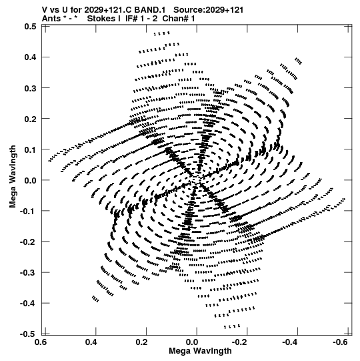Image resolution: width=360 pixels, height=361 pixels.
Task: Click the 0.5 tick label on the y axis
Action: [30, 27]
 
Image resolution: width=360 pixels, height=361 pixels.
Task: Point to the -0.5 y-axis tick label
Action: [28, 334]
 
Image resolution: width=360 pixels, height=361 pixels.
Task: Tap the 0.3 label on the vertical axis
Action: [30, 88]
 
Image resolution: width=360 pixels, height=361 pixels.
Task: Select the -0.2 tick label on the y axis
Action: [28, 242]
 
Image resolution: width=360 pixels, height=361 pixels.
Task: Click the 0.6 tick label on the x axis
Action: [41, 342]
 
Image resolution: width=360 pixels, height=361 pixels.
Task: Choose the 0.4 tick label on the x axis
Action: [92, 342]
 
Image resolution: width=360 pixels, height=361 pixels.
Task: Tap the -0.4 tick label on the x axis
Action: [290, 342]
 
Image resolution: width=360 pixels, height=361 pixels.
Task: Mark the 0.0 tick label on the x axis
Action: [193, 342]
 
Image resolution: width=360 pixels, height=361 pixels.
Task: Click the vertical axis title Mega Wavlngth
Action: [13, 177]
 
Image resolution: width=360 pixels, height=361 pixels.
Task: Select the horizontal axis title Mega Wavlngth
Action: [200, 351]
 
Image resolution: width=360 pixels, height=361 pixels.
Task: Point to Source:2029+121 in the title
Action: [208, 10]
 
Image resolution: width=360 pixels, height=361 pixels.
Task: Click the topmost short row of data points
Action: [162, 33]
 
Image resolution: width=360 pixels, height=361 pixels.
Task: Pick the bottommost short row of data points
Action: [232, 326]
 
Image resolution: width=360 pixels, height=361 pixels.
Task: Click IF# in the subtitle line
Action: [131, 19]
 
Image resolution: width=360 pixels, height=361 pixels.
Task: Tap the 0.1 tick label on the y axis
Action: [30, 149]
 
